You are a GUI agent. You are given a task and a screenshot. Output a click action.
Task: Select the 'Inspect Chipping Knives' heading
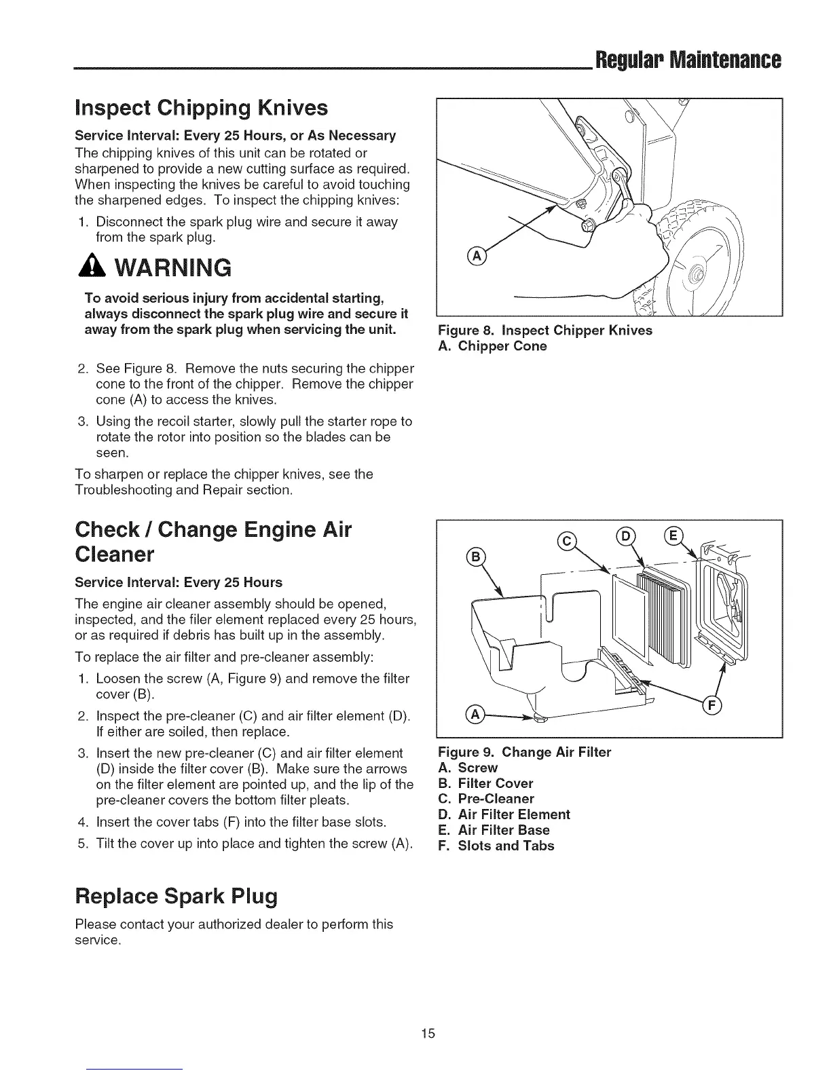tap(202, 108)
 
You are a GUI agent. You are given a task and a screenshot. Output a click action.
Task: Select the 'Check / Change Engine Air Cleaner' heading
tap(213, 542)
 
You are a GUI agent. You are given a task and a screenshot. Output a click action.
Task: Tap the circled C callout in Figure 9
tap(566, 541)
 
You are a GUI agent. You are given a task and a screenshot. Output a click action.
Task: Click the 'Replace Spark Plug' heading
tap(177, 897)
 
